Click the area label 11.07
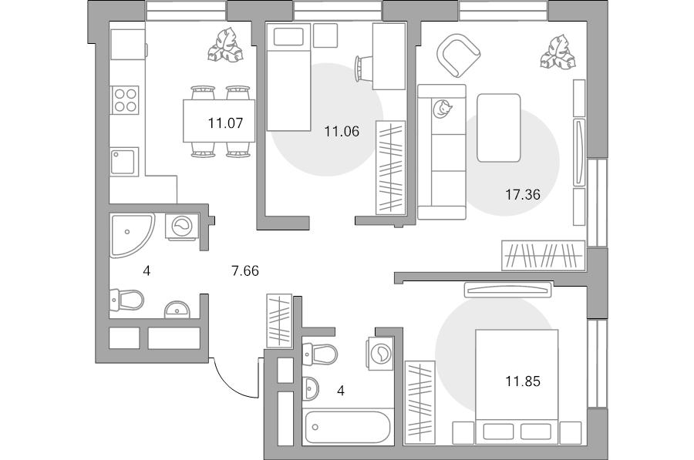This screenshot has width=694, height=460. click(226, 123)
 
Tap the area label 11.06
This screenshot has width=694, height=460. click(342, 131)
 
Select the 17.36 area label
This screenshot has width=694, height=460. click(523, 194)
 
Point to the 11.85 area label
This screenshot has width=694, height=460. click(523, 381)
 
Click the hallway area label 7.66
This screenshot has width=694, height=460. click(245, 270)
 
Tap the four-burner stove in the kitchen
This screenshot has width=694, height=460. click(125, 99)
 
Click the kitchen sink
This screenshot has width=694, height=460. click(124, 162)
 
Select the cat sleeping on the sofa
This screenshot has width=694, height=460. click(442, 109)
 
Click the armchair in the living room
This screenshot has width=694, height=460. click(459, 55)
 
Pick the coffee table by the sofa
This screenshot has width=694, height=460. click(498, 128)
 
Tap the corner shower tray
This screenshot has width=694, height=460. click(131, 235)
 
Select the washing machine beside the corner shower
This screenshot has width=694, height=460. click(182, 227)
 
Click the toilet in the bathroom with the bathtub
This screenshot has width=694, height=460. click(319, 354)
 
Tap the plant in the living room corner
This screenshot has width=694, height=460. click(558, 52)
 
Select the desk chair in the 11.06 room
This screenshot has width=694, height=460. click(364, 68)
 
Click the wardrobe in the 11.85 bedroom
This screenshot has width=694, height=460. click(419, 402)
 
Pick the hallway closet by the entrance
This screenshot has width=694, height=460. click(279, 321)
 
